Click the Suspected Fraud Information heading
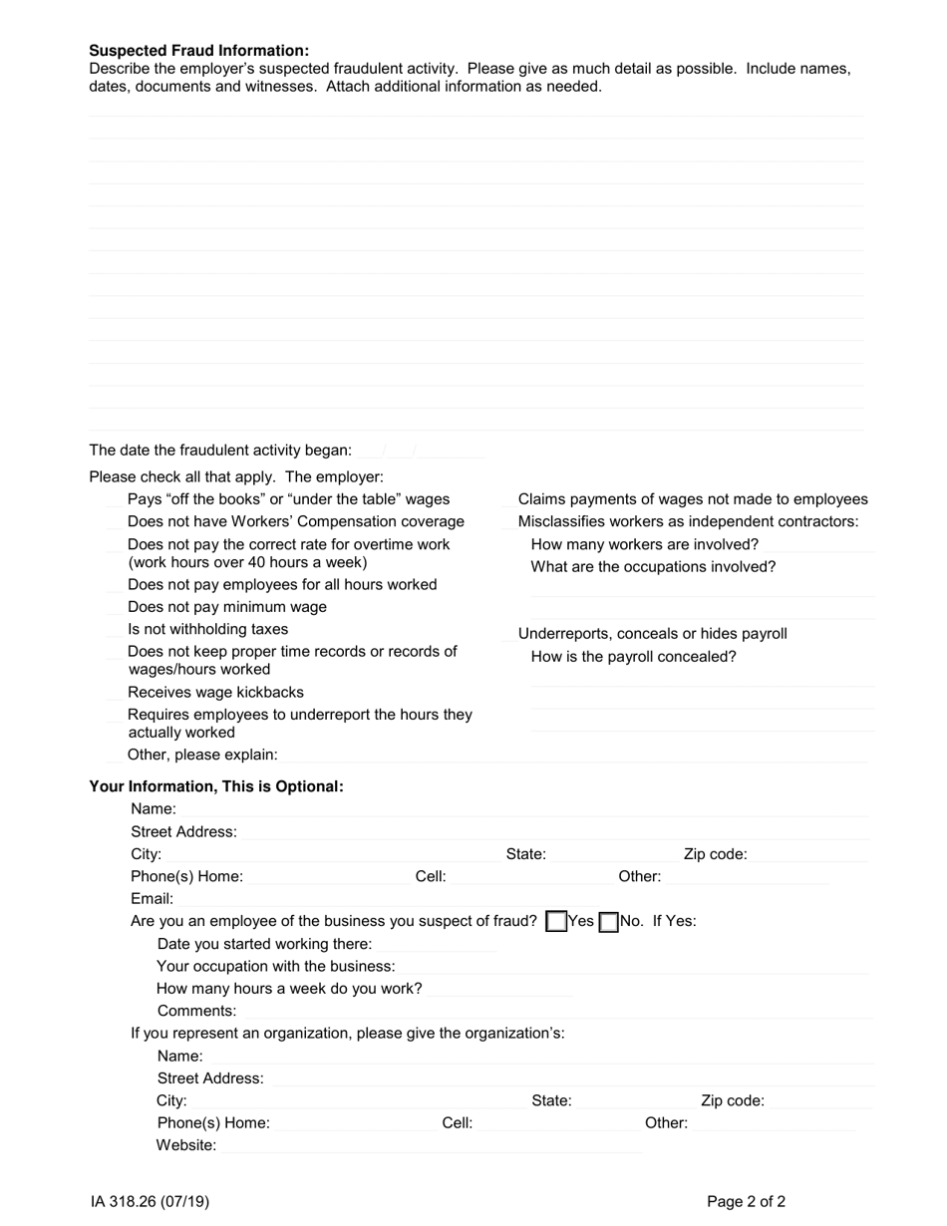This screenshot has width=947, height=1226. point(199,51)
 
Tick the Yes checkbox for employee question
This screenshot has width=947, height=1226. point(556,922)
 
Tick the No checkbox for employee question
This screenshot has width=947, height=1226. point(608,922)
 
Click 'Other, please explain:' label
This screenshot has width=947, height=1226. point(202,755)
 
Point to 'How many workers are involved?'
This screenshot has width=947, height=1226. point(644,544)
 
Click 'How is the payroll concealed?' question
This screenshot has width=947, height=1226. point(633,657)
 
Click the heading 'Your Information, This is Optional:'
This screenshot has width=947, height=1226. point(216,786)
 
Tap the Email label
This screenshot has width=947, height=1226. point(152,899)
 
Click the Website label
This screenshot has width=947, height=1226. point(185,1145)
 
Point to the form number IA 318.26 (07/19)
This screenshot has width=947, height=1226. point(150,1202)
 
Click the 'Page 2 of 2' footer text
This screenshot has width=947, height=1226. point(746,1202)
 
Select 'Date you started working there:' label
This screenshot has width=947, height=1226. point(264,944)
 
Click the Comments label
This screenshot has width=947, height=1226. point(196,1011)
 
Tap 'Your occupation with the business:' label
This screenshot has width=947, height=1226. point(275,967)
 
